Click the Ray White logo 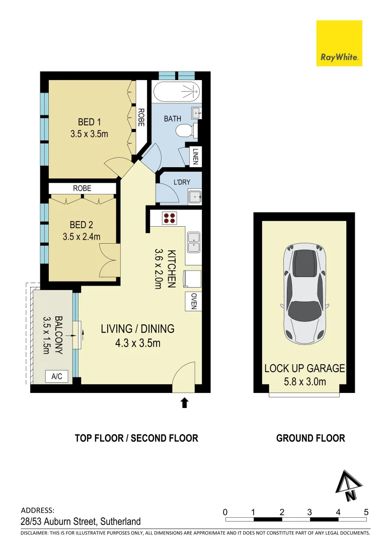click(339, 43)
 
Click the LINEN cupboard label click(195, 156)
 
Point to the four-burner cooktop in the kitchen click(170, 218)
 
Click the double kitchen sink click(193, 242)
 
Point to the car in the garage click(304, 292)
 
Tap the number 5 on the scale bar click(366, 512)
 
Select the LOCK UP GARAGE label click(304, 369)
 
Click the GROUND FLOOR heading click(311, 438)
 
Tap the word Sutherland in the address click(121, 521)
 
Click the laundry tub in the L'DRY click(194, 197)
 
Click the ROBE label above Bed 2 click(82, 188)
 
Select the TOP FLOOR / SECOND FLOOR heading click(136, 438)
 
